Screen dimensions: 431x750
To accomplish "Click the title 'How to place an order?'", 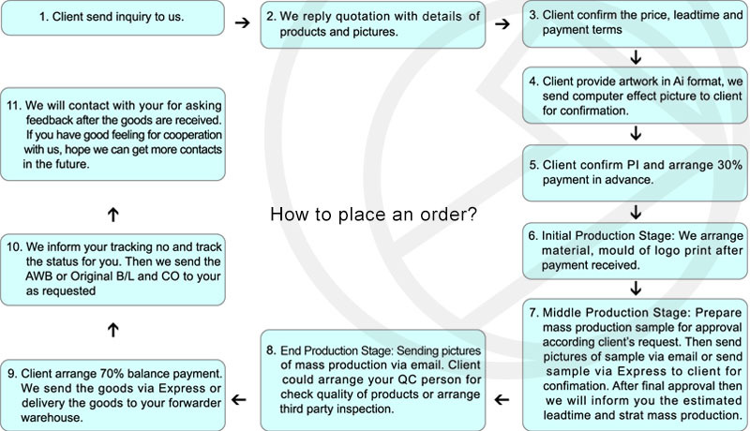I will click(373, 215).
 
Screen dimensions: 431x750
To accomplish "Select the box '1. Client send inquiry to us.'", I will click(112, 18).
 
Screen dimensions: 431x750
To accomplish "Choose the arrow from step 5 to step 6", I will click(636, 211).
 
